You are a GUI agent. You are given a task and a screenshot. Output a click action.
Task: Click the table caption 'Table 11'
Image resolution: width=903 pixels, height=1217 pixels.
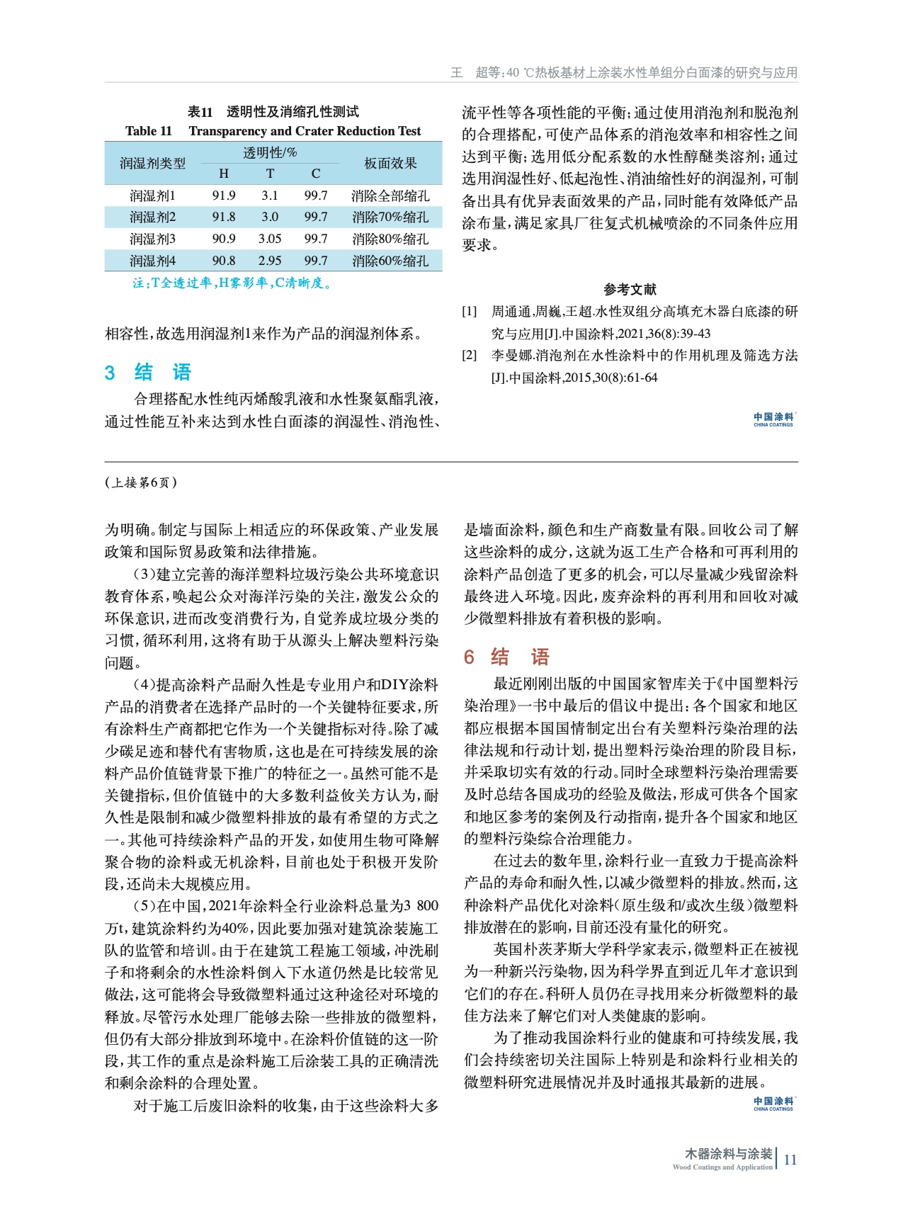click(x=148, y=131)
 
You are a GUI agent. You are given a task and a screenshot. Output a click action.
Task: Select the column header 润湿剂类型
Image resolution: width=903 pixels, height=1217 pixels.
click(x=152, y=163)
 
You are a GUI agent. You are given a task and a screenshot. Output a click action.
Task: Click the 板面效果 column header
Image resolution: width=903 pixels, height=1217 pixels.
click(x=390, y=163)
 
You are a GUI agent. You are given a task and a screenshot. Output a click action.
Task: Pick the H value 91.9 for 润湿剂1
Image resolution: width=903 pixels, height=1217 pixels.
click(x=224, y=196)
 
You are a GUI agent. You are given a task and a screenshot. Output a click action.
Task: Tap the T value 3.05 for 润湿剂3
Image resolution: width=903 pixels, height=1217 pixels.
click(x=270, y=239)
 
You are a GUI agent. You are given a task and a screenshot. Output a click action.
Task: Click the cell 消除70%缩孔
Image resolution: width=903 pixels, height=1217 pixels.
click(x=390, y=217)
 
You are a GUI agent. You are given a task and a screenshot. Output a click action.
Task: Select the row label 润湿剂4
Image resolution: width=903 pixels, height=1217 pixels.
click(x=152, y=261)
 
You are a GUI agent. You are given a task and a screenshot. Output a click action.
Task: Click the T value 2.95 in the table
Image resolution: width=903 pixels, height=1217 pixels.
click(x=270, y=261)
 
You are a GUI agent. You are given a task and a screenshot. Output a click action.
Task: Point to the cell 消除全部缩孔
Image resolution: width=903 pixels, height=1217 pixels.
click(x=390, y=196)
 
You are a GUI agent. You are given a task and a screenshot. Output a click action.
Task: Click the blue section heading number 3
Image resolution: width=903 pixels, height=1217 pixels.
click(x=110, y=373)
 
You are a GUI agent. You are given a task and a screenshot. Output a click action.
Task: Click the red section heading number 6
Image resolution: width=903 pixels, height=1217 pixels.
click(x=469, y=657)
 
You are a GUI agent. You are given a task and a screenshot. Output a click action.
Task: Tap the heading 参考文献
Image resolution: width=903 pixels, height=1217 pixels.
click(x=630, y=289)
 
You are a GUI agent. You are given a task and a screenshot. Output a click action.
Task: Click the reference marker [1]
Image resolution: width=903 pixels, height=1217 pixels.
click(x=470, y=312)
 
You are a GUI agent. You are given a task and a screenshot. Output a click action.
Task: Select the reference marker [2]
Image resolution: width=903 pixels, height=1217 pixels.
click(x=470, y=356)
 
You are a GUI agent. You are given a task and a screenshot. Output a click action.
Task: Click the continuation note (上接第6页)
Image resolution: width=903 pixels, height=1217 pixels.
click(x=141, y=482)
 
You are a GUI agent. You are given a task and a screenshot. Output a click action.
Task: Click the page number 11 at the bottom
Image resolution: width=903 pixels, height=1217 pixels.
click(x=790, y=1160)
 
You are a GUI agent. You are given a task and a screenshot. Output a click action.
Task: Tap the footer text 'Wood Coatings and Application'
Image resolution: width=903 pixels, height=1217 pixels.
click(x=722, y=1167)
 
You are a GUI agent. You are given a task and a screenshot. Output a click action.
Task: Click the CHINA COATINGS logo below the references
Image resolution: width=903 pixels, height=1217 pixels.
click(x=773, y=419)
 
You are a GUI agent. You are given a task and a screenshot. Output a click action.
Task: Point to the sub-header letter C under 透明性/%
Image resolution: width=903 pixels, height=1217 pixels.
click(x=316, y=174)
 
